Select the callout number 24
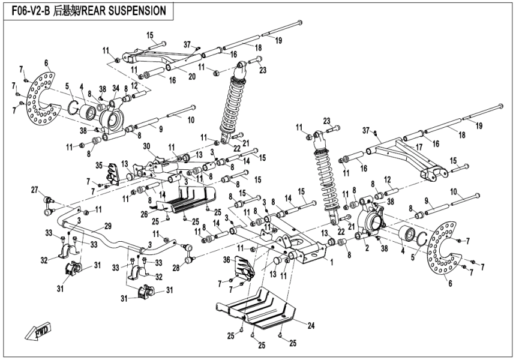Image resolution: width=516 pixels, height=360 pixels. coord(311,326)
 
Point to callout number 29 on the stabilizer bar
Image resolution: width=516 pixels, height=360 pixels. coord(108,226)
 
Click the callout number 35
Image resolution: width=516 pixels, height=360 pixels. coord(99,165)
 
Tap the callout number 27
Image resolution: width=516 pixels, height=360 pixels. coord(34,190)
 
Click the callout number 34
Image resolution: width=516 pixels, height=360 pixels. coord(116,89)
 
